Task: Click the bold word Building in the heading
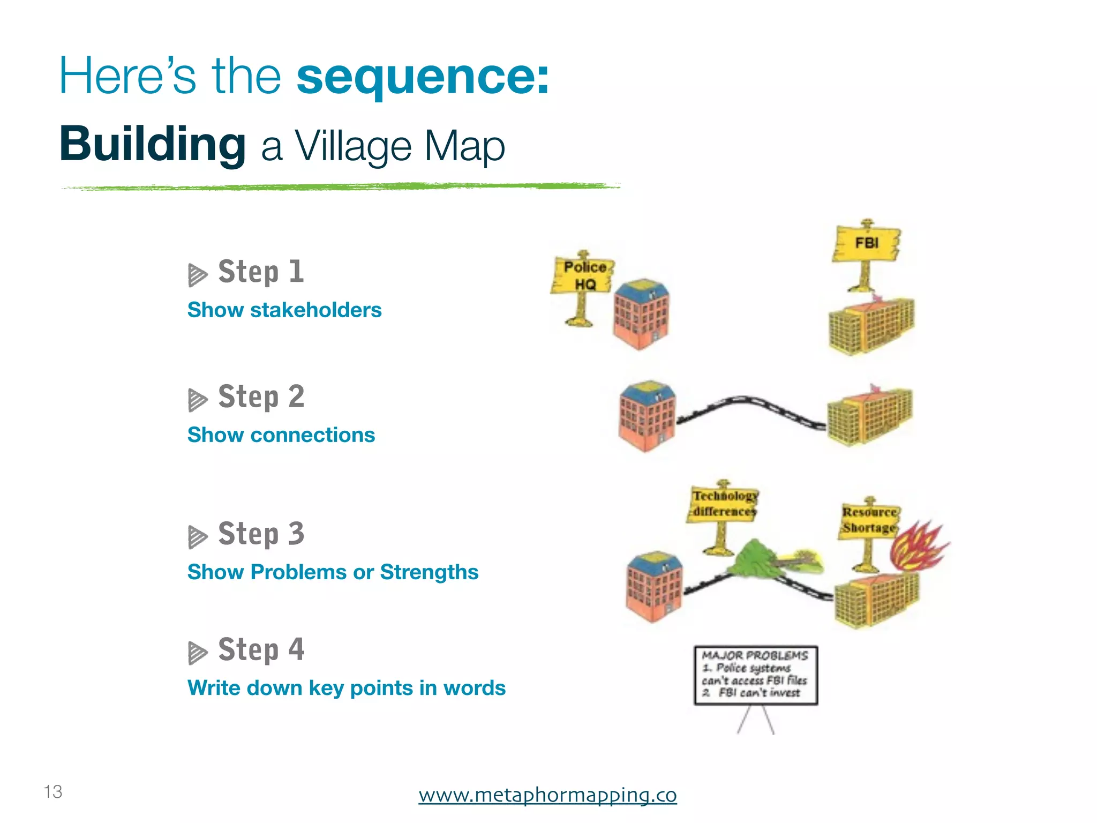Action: pos(153,144)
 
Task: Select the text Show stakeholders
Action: pos(284,310)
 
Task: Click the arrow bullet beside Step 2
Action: pos(197,400)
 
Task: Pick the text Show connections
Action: pos(281,435)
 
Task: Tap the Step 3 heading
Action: pos(261,534)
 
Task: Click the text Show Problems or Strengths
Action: pos(333,572)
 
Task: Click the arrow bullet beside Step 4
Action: pos(197,652)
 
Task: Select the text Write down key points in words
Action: pos(346,687)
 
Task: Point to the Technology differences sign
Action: pos(723,504)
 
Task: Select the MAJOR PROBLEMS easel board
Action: pos(756,675)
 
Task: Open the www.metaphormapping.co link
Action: pos(547,795)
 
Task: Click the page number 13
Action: pos(53,791)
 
